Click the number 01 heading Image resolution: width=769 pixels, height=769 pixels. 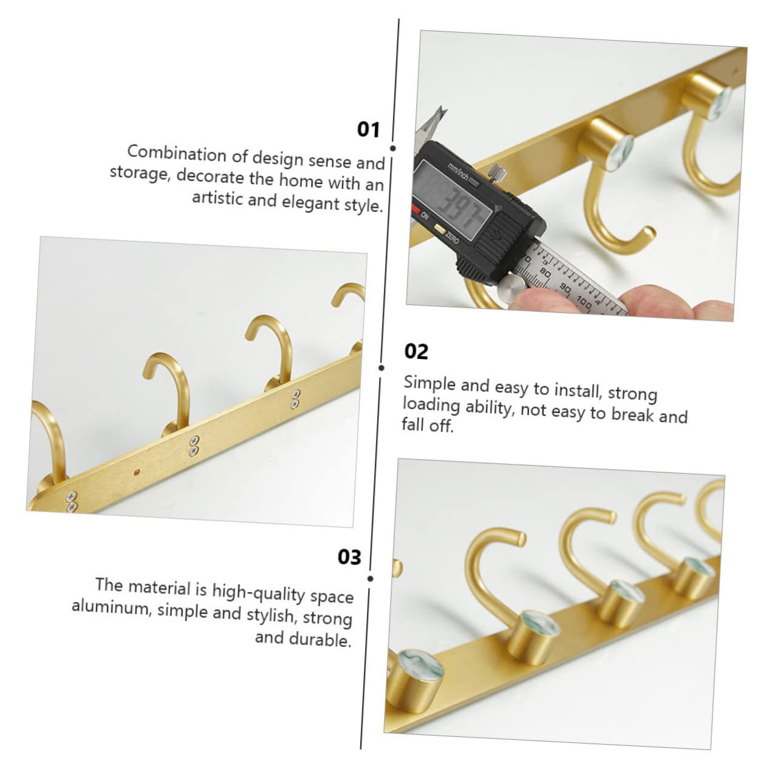pyautogui.click(x=368, y=130)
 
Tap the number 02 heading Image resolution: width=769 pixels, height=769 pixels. pyautogui.click(x=416, y=352)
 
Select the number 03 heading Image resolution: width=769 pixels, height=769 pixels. pyautogui.click(x=349, y=556)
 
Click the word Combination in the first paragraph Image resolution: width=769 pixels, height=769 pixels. pyautogui.click(x=176, y=154)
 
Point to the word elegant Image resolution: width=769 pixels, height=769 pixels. pyautogui.click(x=310, y=202)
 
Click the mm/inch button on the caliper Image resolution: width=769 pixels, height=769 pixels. pyautogui.click(x=474, y=182)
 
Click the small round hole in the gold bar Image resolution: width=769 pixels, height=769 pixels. pyautogui.click(x=137, y=472)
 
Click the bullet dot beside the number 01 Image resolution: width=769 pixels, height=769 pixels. pyautogui.click(x=392, y=148)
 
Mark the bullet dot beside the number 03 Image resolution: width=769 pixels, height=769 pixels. pyautogui.click(x=371, y=578)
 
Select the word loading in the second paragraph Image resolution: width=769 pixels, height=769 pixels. pyautogui.click(x=431, y=405)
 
